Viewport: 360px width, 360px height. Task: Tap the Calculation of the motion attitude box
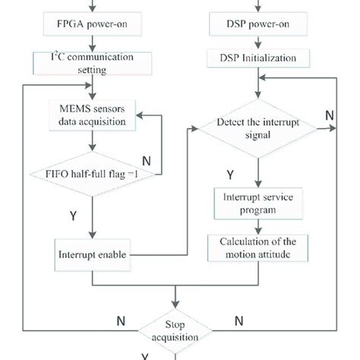coord(260,248)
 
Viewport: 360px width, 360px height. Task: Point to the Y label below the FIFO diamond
coord(73,215)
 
